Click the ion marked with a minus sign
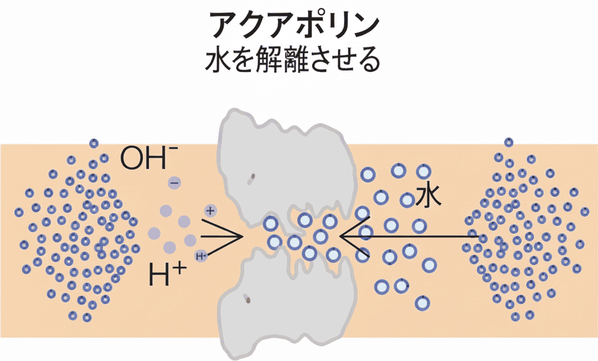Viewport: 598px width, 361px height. click(x=174, y=182)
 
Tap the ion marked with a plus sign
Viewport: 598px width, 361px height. click(x=210, y=211)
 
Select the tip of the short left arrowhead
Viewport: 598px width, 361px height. click(x=242, y=235)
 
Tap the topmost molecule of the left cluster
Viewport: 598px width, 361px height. click(x=93, y=143)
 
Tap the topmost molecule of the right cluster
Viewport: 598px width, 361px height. click(x=509, y=142)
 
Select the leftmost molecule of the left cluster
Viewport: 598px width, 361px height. click(x=19, y=212)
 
